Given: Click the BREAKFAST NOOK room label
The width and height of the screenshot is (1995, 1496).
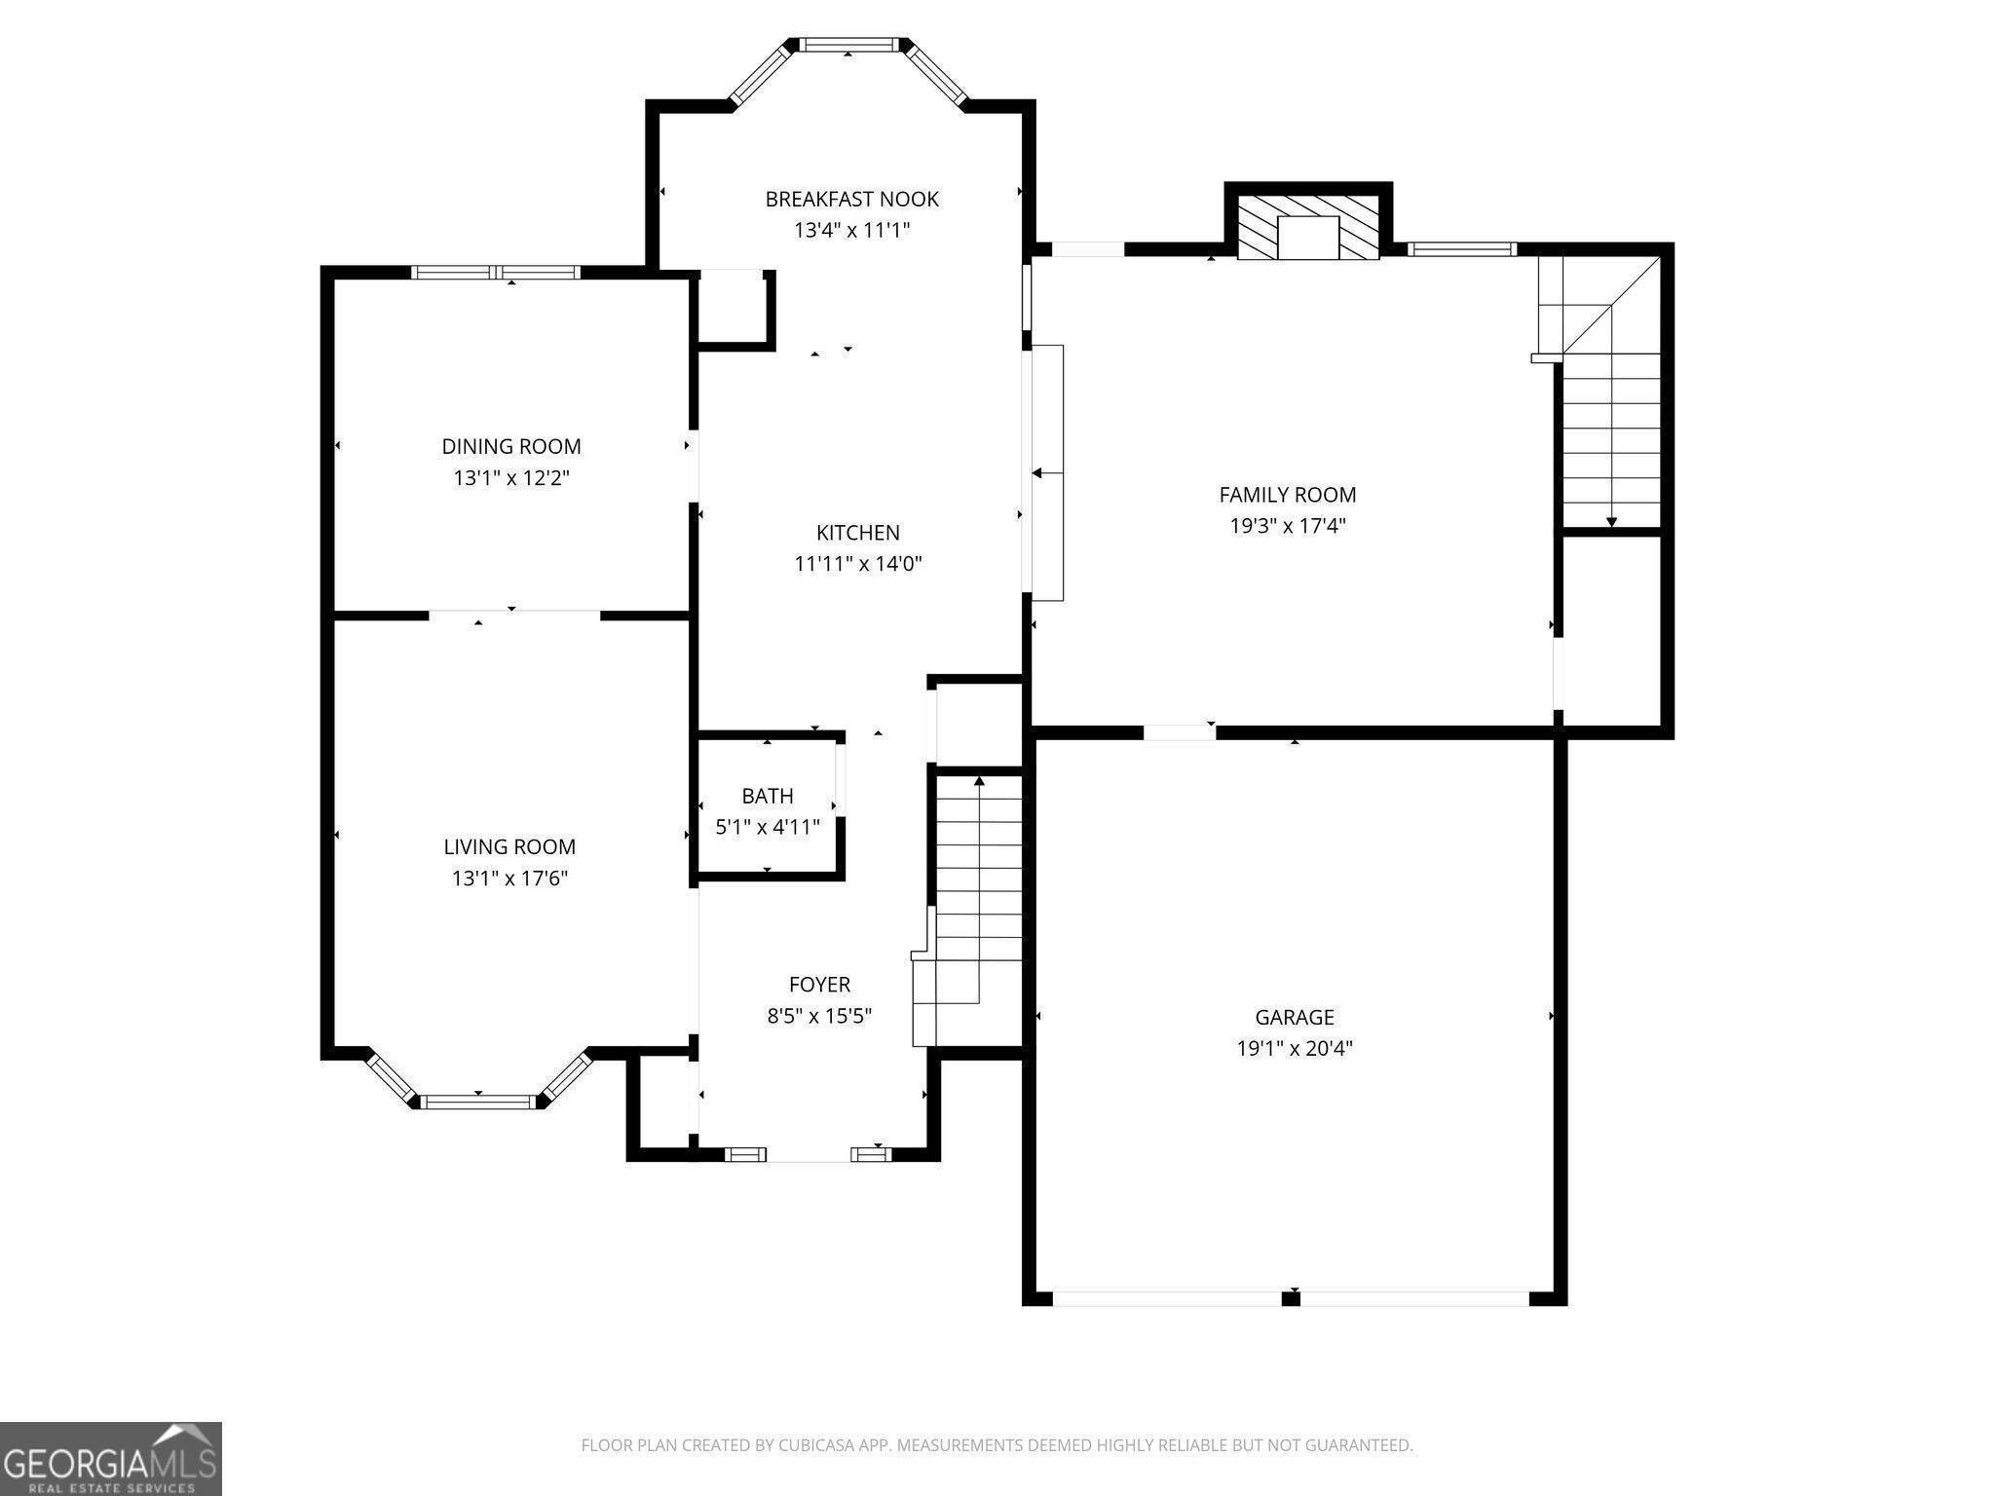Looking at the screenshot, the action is [851, 199].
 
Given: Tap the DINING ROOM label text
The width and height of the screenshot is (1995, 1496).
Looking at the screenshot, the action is [511, 446].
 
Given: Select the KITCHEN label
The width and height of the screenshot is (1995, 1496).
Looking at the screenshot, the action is [857, 533].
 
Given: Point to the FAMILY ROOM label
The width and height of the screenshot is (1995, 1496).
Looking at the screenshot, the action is [1288, 495].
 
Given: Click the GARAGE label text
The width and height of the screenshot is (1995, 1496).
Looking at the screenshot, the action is [1294, 1018].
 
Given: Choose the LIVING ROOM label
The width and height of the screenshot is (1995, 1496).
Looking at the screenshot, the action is [509, 847].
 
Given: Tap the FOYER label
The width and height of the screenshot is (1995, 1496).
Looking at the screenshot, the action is [819, 985].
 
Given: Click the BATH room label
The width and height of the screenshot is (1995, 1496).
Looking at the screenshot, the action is [768, 796].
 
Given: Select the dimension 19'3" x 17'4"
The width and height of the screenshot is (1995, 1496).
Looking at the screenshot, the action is [1288, 526].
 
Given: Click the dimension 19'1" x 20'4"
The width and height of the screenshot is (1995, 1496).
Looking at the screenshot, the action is [1294, 1049].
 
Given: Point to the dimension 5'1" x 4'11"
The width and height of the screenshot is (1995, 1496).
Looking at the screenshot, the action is [768, 828].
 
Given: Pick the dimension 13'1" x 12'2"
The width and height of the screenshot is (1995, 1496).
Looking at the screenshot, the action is [511, 478].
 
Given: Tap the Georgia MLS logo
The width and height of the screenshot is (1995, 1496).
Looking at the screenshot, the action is [110, 1458].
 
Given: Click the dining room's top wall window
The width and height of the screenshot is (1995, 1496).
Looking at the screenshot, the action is [496, 273].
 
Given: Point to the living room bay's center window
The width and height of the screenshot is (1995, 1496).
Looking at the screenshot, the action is [478, 1102].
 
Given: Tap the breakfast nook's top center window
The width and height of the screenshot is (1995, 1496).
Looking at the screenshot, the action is [847, 45].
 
